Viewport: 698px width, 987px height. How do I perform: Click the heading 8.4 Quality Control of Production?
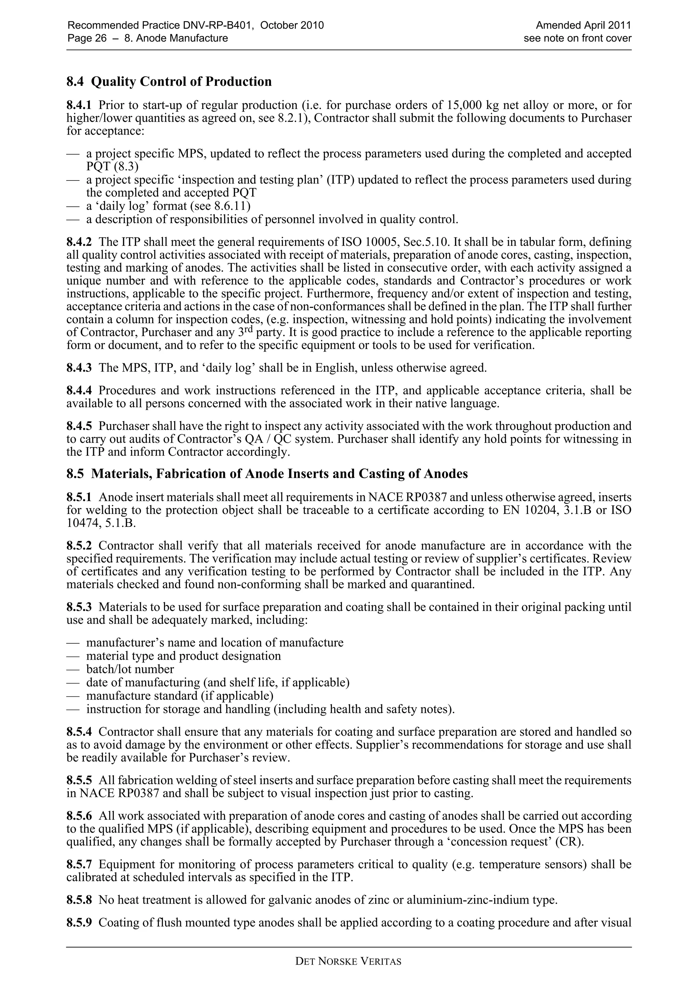[169, 81]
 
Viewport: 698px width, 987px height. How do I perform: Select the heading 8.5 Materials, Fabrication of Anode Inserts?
[267, 474]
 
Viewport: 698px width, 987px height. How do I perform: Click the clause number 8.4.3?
[79, 368]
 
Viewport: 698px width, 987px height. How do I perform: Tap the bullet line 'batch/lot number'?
[130, 669]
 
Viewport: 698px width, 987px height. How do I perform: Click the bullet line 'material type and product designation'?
[184, 656]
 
